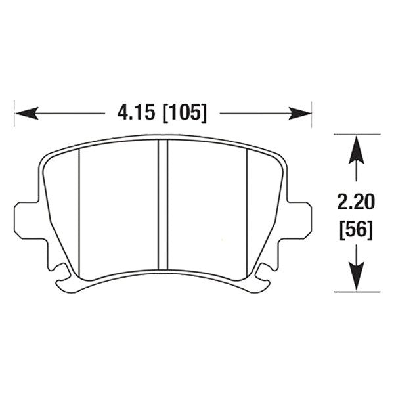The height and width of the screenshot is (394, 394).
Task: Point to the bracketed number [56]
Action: (x=355, y=229)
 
